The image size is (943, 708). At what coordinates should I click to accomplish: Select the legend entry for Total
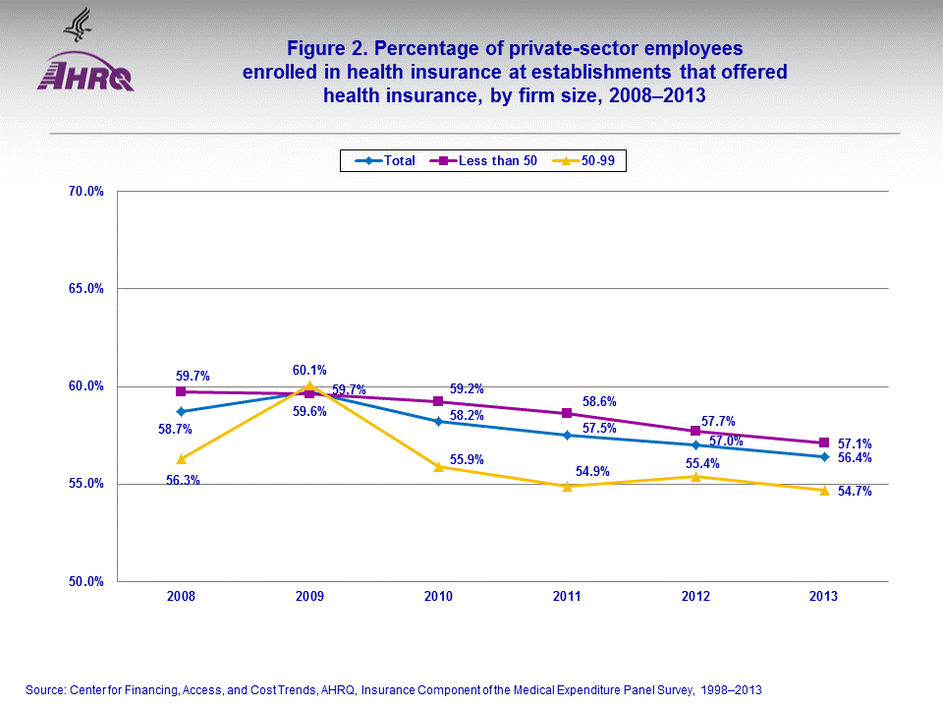click(x=385, y=160)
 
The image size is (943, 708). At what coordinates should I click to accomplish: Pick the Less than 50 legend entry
click(x=487, y=160)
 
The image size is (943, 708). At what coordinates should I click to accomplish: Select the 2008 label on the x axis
click(x=181, y=597)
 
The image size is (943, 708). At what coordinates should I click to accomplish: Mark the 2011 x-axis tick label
click(x=567, y=597)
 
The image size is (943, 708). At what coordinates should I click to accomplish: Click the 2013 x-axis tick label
click(x=824, y=597)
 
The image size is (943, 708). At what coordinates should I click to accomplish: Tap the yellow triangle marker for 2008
click(x=181, y=458)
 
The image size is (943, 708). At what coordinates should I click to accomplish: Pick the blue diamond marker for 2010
click(x=438, y=421)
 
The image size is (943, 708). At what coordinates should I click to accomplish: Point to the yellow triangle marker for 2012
click(x=695, y=476)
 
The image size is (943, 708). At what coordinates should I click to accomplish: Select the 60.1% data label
click(x=309, y=370)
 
